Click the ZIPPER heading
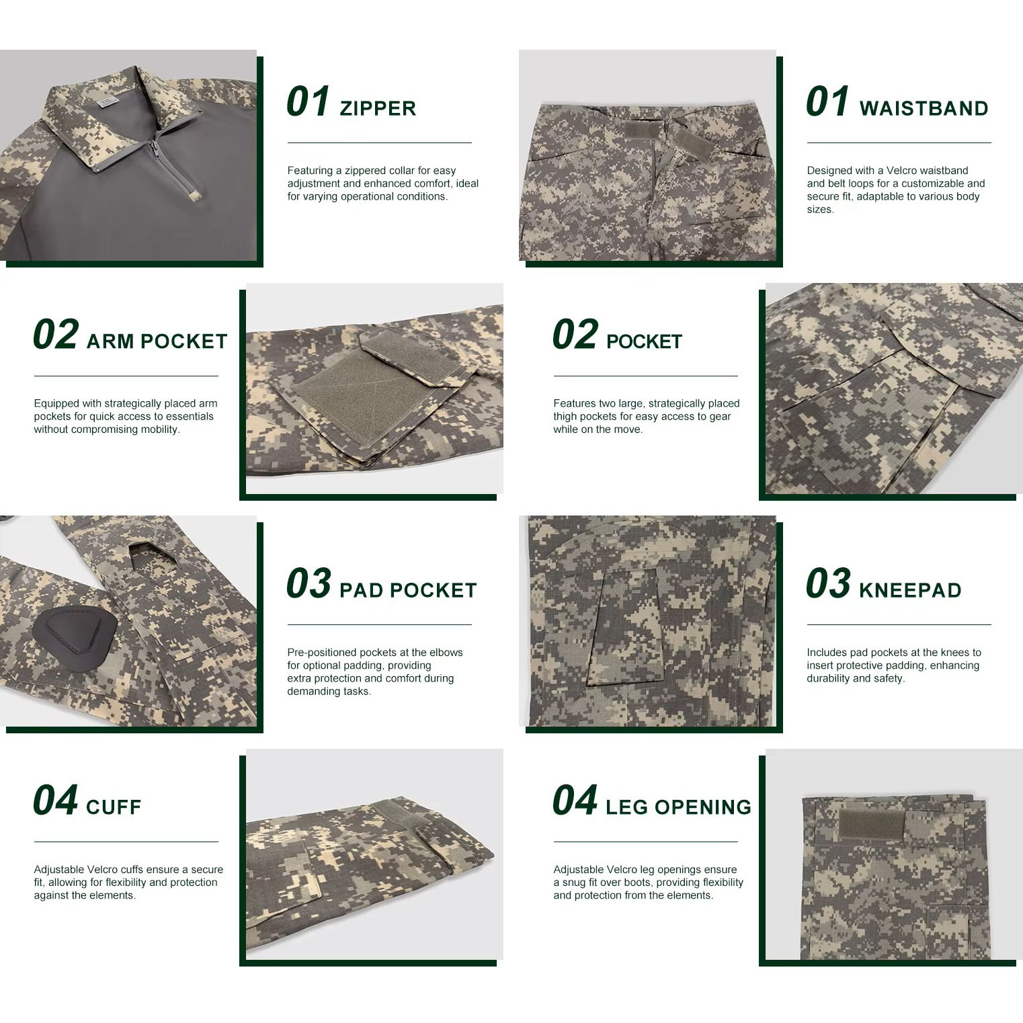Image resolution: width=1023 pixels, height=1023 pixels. click(378, 108)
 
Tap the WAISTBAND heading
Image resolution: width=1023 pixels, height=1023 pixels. click(924, 108)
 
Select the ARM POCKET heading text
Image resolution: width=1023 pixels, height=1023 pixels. click(157, 341)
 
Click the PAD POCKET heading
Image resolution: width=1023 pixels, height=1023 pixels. click(408, 590)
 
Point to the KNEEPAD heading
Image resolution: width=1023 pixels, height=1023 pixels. click(910, 590)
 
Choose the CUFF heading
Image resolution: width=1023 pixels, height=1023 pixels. click(114, 807)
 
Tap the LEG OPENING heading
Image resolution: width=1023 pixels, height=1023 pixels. click(678, 807)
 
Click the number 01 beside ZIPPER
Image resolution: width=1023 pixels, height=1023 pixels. click(308, 102)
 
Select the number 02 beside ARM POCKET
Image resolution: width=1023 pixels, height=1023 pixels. click(55, 335)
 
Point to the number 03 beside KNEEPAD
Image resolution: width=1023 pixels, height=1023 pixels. click(828, 583)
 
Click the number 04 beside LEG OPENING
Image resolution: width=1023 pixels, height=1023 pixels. click(575, 800)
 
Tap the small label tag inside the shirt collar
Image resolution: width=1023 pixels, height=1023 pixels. click(107, 101)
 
